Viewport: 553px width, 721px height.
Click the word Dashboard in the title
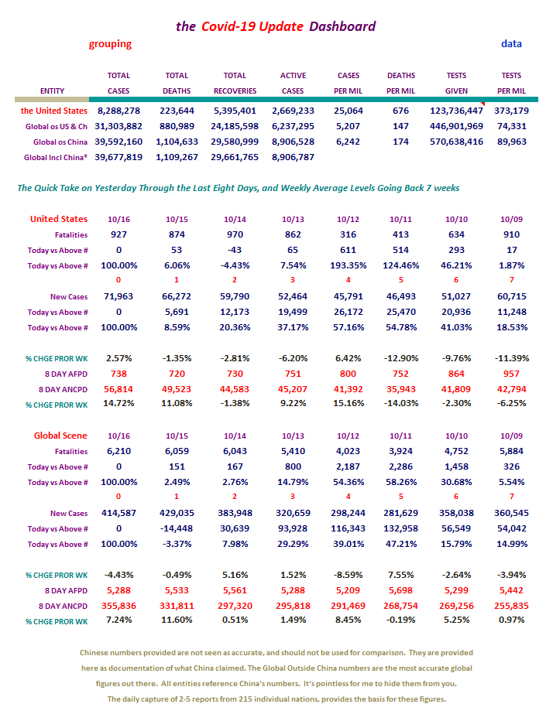point(342,26)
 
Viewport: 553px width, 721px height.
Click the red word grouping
point(110,44)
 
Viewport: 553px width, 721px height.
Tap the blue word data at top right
point(511,43)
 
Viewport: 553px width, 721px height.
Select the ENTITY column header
point(52,91)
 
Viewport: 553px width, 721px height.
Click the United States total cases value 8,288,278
point(118,111)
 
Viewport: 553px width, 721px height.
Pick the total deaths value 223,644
point(177,111)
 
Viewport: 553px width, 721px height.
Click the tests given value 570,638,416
point(456,142)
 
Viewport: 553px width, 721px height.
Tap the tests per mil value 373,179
point(511,111)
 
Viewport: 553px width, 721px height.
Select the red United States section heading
point(59,219)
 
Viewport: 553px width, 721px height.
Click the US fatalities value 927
point(118,234)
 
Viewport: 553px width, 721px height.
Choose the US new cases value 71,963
point(118,296)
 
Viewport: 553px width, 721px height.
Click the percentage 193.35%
point(348,266)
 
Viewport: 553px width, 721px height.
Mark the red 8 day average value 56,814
point(118,389)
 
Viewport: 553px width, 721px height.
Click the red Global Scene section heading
point(60,436)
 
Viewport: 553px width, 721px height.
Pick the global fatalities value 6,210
point(118,451)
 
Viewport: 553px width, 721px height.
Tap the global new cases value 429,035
point(177,513)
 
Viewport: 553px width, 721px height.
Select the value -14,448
point(177,529)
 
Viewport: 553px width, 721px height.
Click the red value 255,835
point(511,606)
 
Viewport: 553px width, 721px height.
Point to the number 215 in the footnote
point(245,699)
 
